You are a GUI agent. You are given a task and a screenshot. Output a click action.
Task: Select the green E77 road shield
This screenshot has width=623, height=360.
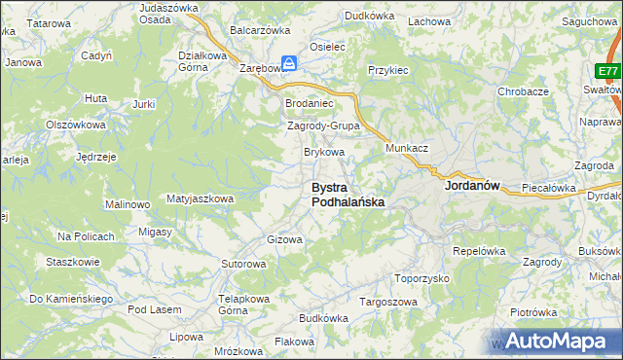coord(608,72)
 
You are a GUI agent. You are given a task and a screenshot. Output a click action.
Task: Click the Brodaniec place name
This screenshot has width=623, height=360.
coord(309,103)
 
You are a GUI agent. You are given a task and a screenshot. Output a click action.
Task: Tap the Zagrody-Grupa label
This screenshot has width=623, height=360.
coord(323,126)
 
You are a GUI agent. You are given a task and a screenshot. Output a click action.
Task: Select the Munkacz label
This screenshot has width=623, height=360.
coord(407,147)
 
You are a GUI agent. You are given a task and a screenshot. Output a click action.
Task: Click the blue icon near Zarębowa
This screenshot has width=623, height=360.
coord(289,60)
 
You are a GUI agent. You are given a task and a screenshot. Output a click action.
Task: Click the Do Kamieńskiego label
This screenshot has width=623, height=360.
coord(71,299)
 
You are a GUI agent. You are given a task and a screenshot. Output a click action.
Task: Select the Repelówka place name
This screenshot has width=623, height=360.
coord(477,250)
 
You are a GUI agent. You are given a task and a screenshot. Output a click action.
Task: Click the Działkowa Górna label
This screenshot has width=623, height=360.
coord(202,61)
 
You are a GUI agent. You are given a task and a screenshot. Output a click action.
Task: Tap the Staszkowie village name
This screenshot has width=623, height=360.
coord(73,262)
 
